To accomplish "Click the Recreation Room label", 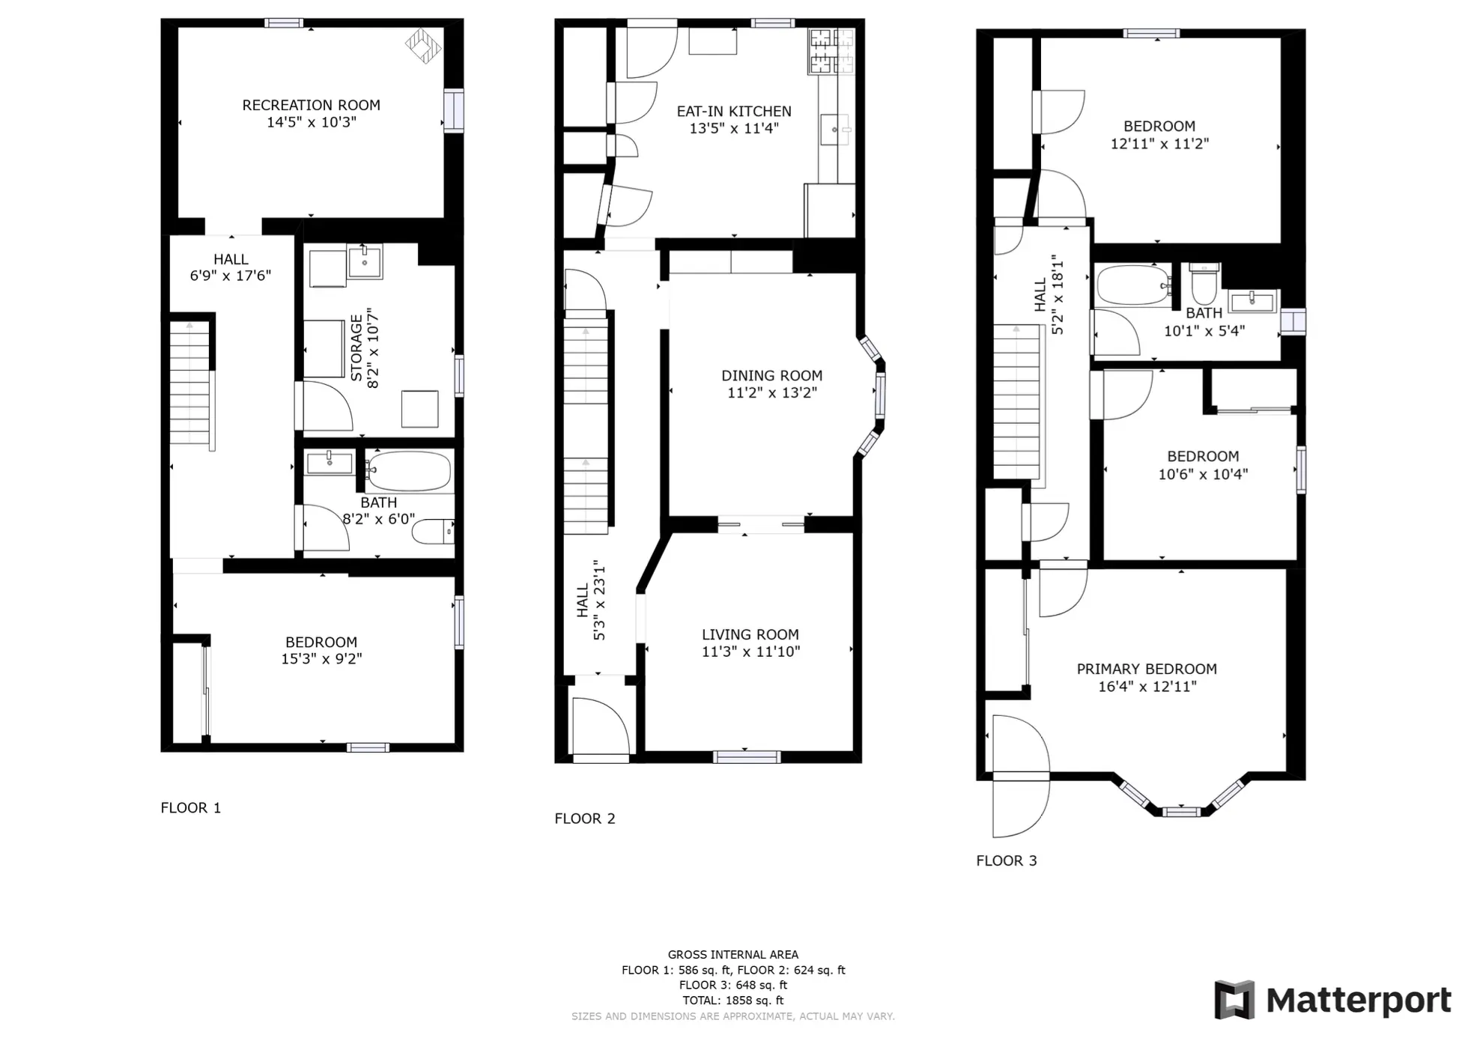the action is (x=311, y=106).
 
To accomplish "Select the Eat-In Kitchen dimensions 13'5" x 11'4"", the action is (x=734, y=128).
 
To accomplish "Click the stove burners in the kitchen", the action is (x=831, y=51).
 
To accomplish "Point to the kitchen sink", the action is (x=836, y=130).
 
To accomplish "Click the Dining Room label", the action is (x=771, y=376).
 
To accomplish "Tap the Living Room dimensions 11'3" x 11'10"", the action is (x=750, y=652).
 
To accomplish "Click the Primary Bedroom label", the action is (x=1147, y=669).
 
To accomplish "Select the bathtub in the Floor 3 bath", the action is (x=1134, y=285).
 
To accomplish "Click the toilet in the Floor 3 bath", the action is (x=1204, y=284).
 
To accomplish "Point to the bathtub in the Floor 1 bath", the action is (x=409, y=471).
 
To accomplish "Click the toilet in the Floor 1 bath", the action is (x=433, y=531).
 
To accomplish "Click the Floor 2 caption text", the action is (x=584, y=819).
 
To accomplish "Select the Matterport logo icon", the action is (x=1234, y=1000).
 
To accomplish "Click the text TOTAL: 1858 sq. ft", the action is (x=733, y=1001).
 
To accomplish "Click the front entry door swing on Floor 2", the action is (x=601, y=726).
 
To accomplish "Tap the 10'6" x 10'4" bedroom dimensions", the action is (x=1203, y=474).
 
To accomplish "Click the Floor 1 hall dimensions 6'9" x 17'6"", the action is (x=231, y=276).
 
